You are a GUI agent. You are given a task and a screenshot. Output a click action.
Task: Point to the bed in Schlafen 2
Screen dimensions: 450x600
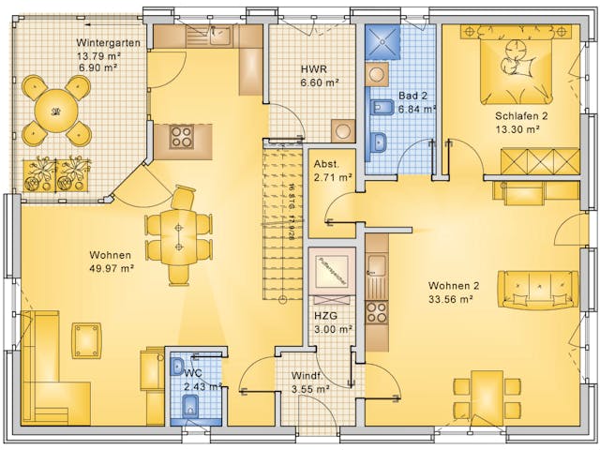coord(517,65)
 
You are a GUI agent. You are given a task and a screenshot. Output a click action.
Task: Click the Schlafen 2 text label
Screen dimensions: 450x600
coord(522,116)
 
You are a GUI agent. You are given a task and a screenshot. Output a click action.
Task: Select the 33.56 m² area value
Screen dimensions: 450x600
coord(450,300)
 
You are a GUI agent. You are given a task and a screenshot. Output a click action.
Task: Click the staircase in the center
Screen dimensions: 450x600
coord(284,220)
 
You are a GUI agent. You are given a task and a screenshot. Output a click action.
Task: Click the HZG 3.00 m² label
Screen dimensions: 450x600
coord(333,322)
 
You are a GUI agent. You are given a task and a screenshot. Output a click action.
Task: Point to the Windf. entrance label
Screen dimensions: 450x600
coord(307,382)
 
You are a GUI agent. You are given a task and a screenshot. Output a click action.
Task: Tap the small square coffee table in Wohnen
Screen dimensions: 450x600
coord(86,339)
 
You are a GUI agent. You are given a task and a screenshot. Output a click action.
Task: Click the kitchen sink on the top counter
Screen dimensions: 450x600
coord(220,37)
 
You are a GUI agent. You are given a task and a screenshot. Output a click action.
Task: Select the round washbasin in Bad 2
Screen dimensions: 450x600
coord(377,74)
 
